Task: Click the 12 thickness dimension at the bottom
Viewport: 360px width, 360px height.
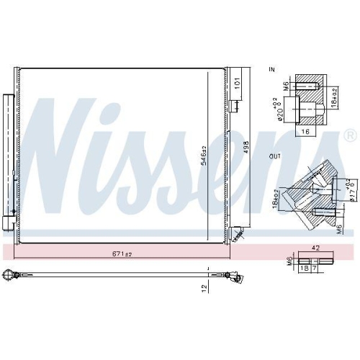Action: click(204, 287)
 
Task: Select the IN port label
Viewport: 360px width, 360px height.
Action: click(271, 69)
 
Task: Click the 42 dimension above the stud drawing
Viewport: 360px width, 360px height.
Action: click(315, 248)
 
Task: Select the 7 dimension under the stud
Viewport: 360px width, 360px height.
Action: click(314, 267)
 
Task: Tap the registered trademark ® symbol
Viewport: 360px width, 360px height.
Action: click(350, 135)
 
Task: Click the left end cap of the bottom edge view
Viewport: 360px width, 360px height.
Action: click(10, 274)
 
